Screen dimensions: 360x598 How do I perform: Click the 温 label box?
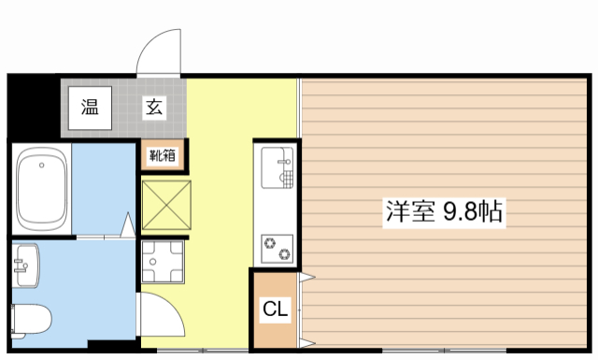point(89,107)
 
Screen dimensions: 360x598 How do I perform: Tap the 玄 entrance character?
point(153,107)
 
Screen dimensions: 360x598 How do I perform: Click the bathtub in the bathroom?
point(42,191)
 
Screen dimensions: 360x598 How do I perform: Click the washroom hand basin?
point(26,263)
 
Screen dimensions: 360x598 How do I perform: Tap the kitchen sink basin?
point(277,169)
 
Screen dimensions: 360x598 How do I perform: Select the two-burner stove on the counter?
point(278,248)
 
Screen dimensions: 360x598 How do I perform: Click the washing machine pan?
point(164,261)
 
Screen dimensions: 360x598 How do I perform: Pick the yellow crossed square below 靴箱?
point(164,203)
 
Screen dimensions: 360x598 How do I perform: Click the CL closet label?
point(274,309)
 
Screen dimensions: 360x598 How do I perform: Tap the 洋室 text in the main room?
point(410,211)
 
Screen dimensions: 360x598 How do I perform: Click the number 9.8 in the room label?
point(462,211)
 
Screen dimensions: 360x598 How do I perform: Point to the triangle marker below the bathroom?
point(129,225)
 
